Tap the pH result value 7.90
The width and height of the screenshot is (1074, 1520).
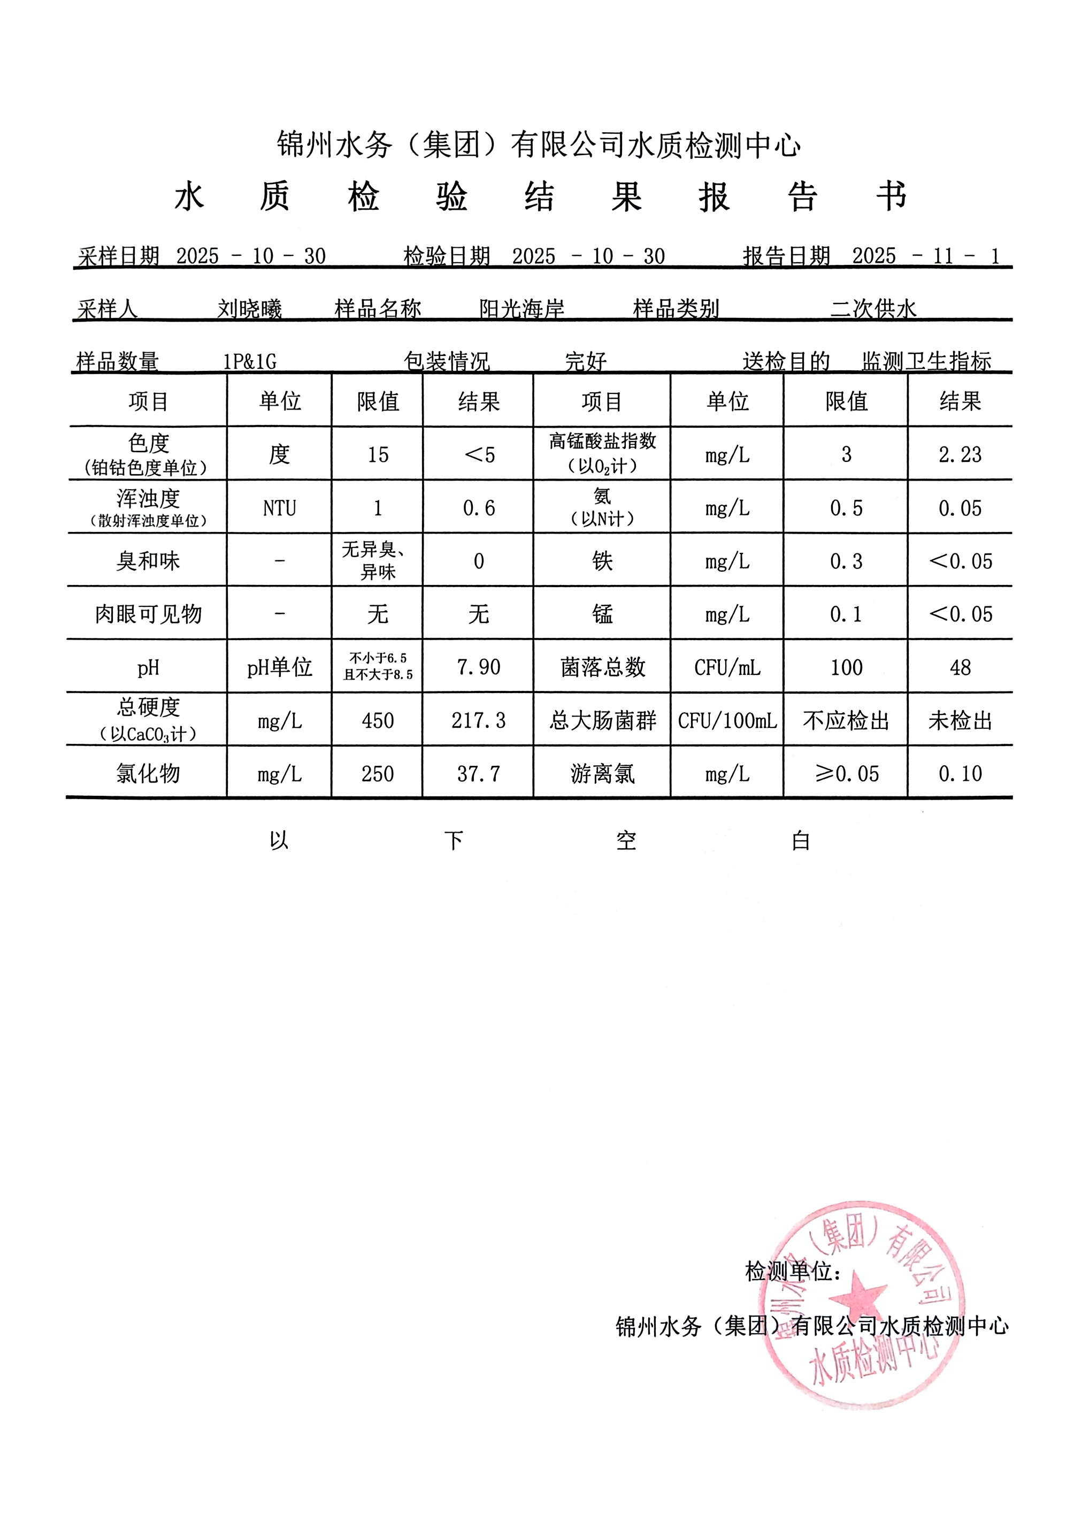click(x=479, y=667)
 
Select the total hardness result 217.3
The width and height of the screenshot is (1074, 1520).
click(x=479, y=720)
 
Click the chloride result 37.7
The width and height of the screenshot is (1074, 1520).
click(x=479, y=773)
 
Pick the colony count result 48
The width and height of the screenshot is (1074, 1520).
click(x=960, y=667)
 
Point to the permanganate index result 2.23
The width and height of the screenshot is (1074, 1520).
click(x=960, y=454)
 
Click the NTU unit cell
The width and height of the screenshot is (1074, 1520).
click(x=279, y=508)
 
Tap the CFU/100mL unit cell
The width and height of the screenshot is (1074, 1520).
click(x=727, y=720)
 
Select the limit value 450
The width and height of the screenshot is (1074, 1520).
click(x=378, y=720)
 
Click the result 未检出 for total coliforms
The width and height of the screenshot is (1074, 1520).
click(x=960, y=720)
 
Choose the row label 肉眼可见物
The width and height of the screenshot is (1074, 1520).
click(x=148, y=614)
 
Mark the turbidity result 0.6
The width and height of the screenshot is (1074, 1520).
click(x=479, y=508)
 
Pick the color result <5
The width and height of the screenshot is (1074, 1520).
click(x=480, y=455)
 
